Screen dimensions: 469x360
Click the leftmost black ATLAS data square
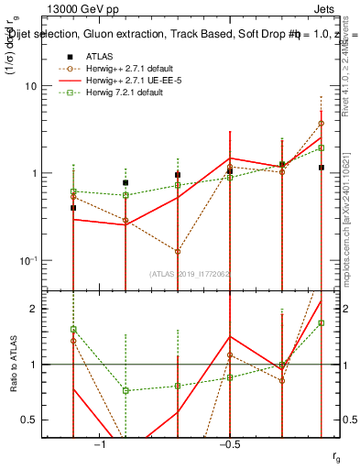coord(73,208)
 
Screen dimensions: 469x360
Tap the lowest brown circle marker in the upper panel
coord(178,251)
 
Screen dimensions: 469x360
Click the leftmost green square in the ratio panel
coord(73,329)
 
